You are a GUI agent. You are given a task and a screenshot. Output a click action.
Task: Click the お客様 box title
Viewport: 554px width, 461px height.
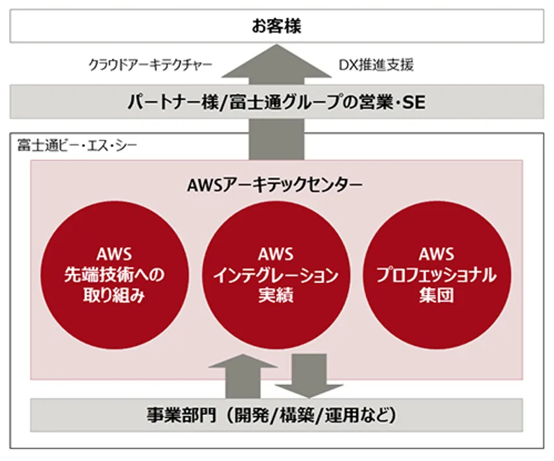[x=276, y=26]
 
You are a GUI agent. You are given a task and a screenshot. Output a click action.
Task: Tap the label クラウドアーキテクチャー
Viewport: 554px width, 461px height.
[x=150, y=65]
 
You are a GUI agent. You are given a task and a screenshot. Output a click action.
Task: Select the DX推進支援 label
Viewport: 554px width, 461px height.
[x=377, y=65]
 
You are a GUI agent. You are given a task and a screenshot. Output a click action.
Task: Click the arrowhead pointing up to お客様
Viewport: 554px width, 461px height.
[x=276, y=61]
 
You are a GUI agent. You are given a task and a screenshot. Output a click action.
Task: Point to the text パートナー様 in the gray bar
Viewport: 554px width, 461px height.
[x=173, y=102]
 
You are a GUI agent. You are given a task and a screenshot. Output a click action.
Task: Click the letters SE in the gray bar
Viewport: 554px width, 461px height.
[x=414, y=102]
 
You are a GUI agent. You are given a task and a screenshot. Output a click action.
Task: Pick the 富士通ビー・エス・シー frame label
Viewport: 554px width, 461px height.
[x=77, y=146]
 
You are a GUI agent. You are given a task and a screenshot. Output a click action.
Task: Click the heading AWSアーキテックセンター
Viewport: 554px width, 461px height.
[x=275, y=185]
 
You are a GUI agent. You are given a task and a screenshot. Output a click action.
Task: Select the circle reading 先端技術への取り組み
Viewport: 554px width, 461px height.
[x=114, y=275]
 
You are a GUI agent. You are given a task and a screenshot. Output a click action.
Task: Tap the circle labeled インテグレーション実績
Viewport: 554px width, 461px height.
[x=276, y=275]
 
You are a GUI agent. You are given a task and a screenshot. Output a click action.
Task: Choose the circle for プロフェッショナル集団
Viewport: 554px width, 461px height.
[x=437, y=275]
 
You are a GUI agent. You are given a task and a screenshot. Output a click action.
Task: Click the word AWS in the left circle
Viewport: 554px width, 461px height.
[x=114, y=254]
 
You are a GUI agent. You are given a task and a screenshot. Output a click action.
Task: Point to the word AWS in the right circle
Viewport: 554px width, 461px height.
[x=437, y=254]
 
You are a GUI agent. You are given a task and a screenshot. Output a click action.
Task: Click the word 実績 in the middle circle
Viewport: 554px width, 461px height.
[x=276, y=295]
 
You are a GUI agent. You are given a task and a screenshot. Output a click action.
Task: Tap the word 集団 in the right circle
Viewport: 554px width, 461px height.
[x=437, y=295]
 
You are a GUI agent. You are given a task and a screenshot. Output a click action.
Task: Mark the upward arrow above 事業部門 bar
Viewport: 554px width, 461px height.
[x=243, y=376]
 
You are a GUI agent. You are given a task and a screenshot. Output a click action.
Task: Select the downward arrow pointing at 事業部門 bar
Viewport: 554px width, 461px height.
[x=309, y=376]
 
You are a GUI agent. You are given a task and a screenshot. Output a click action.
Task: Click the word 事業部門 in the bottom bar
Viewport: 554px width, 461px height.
[x=181, y=415]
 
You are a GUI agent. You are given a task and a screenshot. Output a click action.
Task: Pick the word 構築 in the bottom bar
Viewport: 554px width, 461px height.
[x=296, y=415]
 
